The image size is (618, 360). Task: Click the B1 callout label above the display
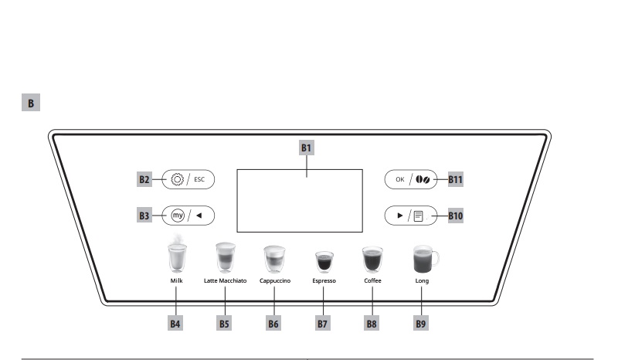tap(307, 148)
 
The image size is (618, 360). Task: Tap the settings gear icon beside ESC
tap(178, 179)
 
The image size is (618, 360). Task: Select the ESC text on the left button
tap(199, 179)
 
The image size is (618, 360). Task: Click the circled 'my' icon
tap(178, 216)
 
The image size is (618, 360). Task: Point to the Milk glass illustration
tap(177, 256)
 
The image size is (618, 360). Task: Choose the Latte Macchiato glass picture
tap(225, 257)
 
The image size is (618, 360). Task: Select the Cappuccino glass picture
tap(274, 258)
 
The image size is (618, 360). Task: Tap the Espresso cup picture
tap(324, 262)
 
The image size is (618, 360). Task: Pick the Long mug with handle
tap(423, 260)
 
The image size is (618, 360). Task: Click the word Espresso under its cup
tap(324, 281)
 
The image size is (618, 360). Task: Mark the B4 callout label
tap(176, 324)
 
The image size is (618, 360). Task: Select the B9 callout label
tap(421, 324)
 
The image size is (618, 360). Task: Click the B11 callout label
tap(456, 179)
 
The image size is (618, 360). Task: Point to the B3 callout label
tap(144, 216)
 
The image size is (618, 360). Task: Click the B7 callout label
tap(323, 324)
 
